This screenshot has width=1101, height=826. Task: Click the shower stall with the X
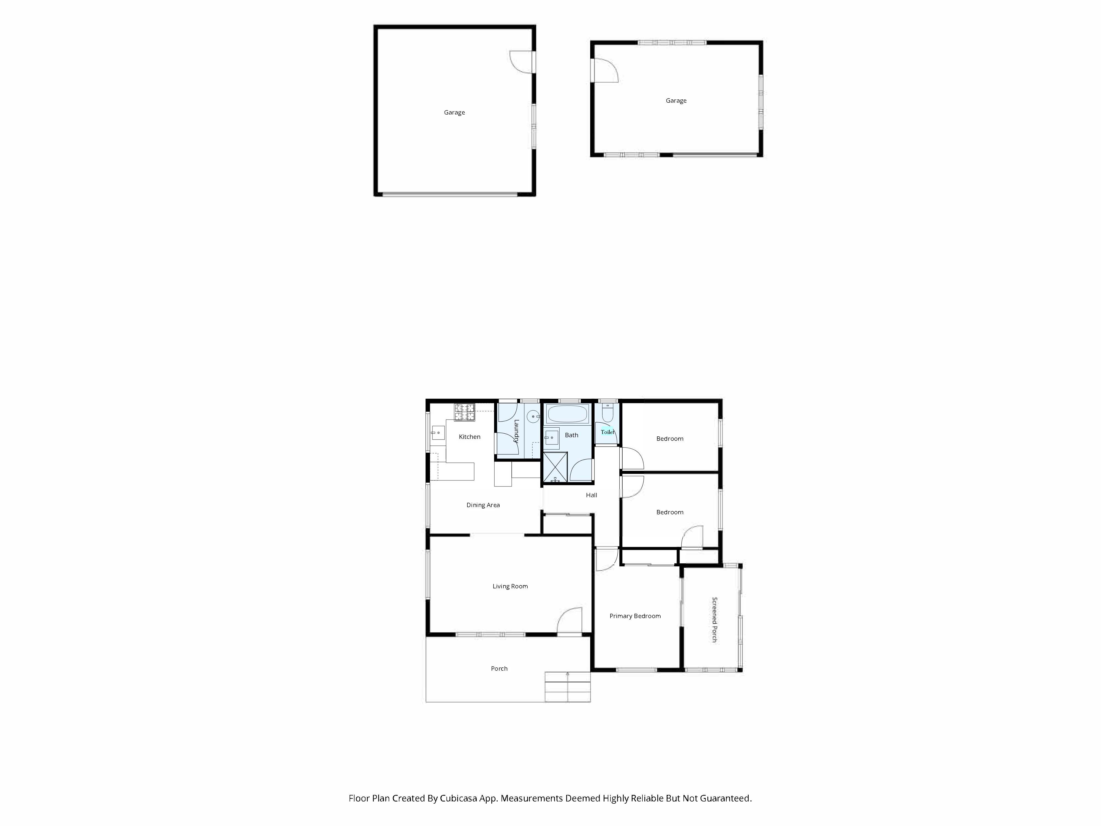click(555, 467)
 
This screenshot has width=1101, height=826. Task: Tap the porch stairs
click(567, 687)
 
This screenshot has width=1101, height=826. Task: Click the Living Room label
click(510, 586)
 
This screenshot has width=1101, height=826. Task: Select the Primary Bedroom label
click(635, 616)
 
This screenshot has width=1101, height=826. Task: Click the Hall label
click(591, 495)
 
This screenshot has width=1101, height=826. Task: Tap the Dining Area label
click(483, 505)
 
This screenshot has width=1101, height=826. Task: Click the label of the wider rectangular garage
click(676, 100)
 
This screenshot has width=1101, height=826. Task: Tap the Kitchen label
click(469, 437)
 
